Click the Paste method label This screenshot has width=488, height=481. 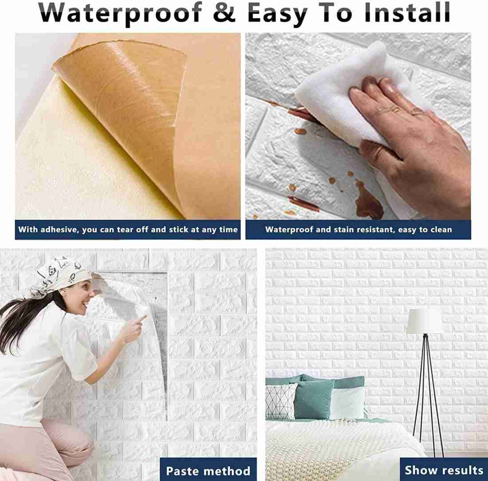click(208, 471)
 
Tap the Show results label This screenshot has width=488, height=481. click(444, 470)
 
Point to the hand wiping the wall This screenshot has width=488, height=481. click(414, 146)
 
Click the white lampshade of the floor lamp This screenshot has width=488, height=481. click(425, 321)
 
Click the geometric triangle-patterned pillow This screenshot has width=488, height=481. click(281, 401)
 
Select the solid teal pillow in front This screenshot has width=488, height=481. click(313, 399)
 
